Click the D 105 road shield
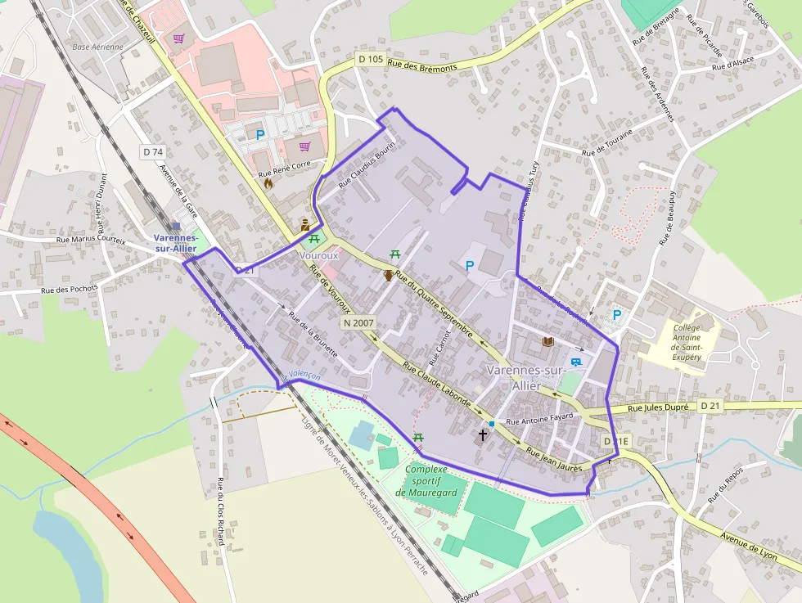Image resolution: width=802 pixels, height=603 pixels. tap(371, 59)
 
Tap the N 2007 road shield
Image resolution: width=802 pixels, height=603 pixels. tap(358, 323)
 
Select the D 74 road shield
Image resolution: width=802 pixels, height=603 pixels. tap(153, 151)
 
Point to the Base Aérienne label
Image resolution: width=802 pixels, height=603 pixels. tap(97, 47)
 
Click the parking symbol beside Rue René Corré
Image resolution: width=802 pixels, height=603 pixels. tap(260, 135)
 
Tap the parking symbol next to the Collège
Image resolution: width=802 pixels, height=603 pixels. tap(617, 314)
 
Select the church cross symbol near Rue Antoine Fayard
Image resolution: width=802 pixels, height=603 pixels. tap(483, 434)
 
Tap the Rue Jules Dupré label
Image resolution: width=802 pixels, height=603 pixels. tap(660, 407)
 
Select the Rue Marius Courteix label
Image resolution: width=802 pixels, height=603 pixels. tap(91, 240)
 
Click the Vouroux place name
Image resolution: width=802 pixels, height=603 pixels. tap(319, 255)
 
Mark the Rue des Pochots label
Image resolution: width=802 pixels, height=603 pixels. tap(70, 289)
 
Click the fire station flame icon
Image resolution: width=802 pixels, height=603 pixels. tap(268, 184)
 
